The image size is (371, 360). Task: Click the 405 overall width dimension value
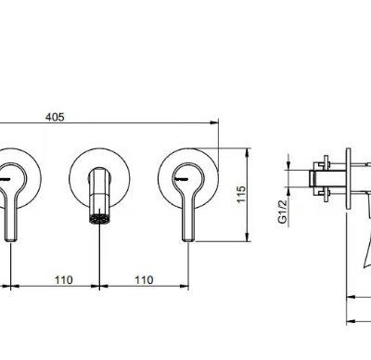click(55, 117)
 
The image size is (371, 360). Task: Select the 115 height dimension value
click(241, 194)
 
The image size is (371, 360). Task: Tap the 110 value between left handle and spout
click(64, 280)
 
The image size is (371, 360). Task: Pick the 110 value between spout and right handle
click(144, 280)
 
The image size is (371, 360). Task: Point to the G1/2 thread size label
click(283, 212)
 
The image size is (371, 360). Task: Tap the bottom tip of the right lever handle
click(188, 239)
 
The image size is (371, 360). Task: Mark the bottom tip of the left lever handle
click(11, 239)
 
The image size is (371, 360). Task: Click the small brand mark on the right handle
click(180, 179)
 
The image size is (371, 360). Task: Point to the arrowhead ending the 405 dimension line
click(214, 122)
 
